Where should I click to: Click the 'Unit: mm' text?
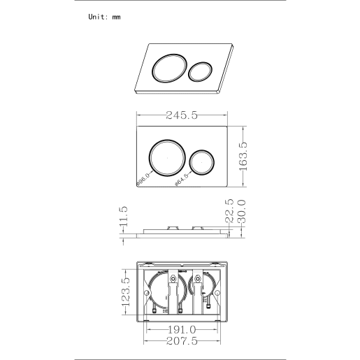tap(104, 17)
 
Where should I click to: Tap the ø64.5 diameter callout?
tap(182, 179)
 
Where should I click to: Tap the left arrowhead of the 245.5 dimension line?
tap(138, 116)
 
